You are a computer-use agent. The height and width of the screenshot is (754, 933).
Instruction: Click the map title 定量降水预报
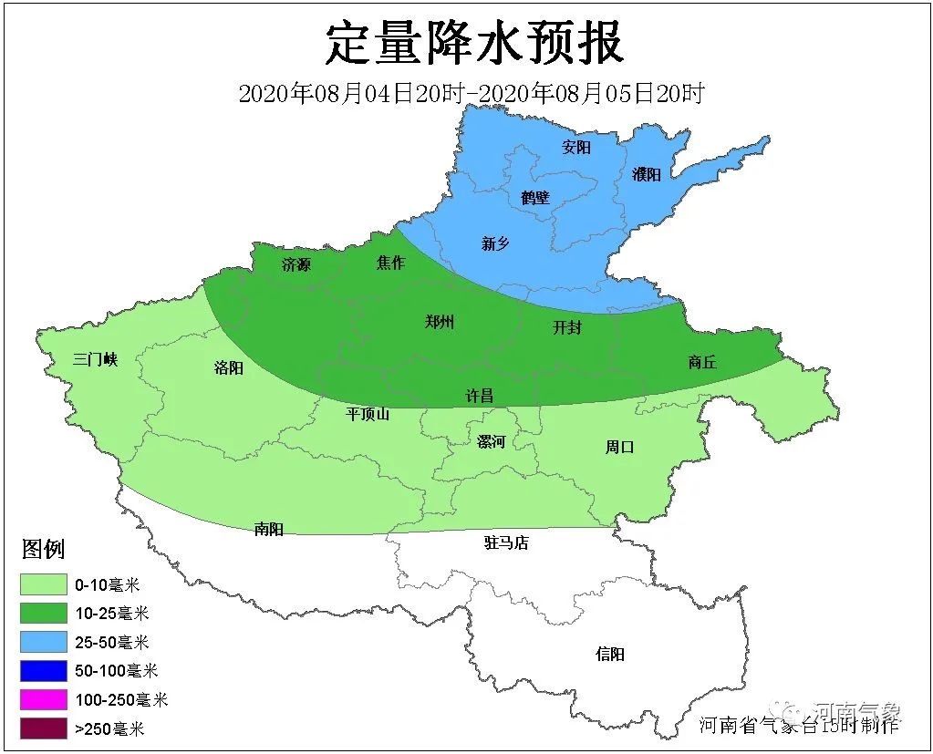(x=474, y=43)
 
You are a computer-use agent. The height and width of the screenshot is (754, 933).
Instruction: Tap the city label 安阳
(x=576, y=147)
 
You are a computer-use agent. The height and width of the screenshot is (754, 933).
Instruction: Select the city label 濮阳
(x=646, y=174)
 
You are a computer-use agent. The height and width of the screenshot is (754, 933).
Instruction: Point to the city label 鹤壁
(x=535, y=196)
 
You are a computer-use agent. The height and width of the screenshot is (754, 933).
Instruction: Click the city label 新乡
(x=495, y=243)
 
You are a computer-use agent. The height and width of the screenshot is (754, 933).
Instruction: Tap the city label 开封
(x=566, y=328)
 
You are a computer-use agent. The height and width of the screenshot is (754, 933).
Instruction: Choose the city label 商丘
(x=701, y=362)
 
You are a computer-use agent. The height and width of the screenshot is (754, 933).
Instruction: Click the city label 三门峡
(x=96, y=359)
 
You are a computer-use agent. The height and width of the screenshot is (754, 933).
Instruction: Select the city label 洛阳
(x=228, y=368)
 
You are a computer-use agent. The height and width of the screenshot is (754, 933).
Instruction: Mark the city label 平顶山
(x=368, y=414)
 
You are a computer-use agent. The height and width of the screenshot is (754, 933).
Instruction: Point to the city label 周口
(x=619, y=447)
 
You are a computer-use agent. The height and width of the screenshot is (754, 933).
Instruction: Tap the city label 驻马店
(x=505, y=543)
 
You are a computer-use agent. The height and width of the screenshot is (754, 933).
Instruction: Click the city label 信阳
(x=610, y=654)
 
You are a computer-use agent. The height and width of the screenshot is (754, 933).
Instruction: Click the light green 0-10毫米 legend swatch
(x=44, y=584)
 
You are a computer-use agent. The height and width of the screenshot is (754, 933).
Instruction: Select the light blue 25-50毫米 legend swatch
(x=44, y=642)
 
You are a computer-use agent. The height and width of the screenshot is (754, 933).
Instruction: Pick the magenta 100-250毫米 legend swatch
(x=44, y=699)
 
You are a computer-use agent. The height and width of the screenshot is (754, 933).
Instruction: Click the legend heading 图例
(x=43, y=549)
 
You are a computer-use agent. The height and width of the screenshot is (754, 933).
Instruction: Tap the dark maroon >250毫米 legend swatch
(x=44, y=728)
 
